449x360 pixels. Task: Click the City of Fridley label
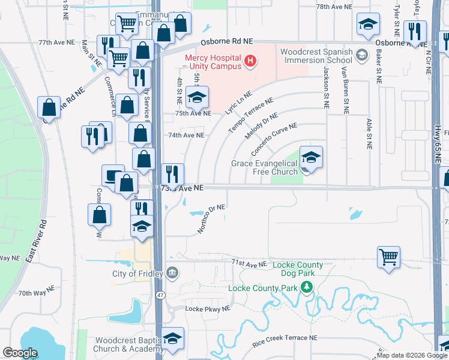[137, 274]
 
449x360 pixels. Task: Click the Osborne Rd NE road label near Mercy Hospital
[226, 40]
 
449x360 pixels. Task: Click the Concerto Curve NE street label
[274, 137]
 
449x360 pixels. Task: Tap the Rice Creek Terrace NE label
[285, 338]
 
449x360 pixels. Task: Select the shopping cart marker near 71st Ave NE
[389, 257]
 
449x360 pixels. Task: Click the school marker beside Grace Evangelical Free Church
[311, 158]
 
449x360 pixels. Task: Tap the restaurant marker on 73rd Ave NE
[172, 174]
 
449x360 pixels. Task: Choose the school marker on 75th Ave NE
[197, 96]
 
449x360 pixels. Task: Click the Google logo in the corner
[20, 353]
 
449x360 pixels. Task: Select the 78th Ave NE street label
[334, 6]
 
